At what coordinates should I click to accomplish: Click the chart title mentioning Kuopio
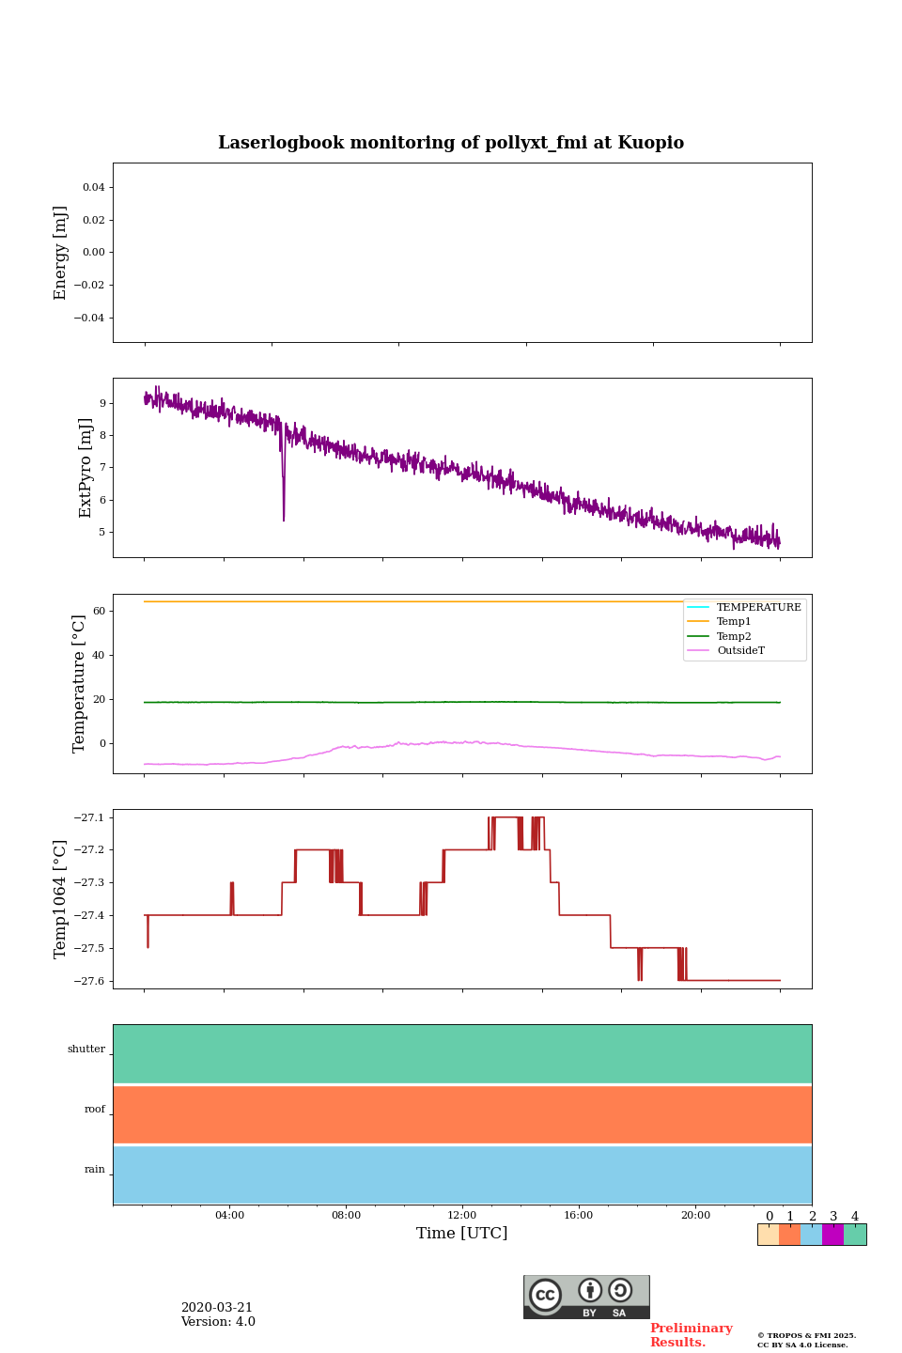pyautogui.click(x=451, y=143)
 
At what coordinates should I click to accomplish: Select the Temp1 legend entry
pyautogui.click(x=734, y=622)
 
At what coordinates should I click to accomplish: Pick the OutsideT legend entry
pyautogui.click(x=740, y=651)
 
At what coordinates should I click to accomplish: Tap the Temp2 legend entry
pyautogui.click(x=734, y=637)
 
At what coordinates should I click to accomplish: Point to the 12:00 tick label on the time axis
pyautogui.click(x=462, y=1215)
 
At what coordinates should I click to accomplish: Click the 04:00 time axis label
pyautogui.click(x=229, y=1215)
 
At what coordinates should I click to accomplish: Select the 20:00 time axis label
pyautogui.click(x=695, y=1215)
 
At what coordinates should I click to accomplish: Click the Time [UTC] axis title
pyautogui.click(x=462, y=1233)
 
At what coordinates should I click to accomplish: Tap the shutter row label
pyautogui.click(x=86, y=1050)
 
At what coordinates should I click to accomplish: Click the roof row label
pyautogui.click(x=95, y=1110)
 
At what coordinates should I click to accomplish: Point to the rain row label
pyautogui.click(x=95, y=1170)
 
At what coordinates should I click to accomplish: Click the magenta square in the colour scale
pyautogui.click(x=832, y=1235)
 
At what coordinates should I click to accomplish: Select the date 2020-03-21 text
pyautogui.click(x=217, y=1308)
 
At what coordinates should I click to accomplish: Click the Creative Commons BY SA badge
pyautogui.click(x=586, y=1297)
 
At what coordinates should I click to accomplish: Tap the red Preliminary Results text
pyautogui.click(x=691, y=1335)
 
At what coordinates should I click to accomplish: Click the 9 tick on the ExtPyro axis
pyautogui.click(x=101, y=403)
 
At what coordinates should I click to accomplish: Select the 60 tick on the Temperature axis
pyautogui.click(x=99, y=611)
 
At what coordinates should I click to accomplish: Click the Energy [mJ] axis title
pyautogui.click(x=61, y=253)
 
